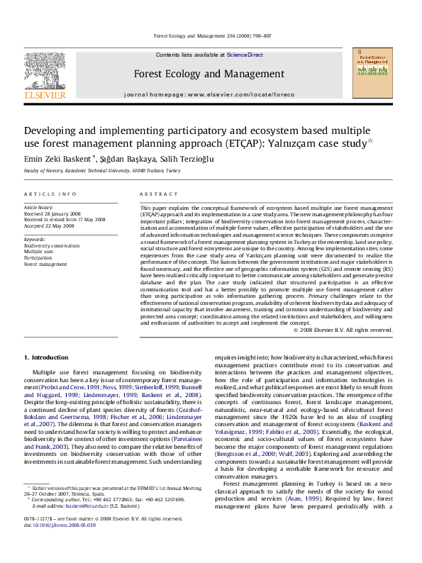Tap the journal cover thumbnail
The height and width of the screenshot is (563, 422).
click(x=375, y=73)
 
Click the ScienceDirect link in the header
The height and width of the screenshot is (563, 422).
click(x=245, y=55)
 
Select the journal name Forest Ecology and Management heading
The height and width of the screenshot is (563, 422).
click(x=209, y=74)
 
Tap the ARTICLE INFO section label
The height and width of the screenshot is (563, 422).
click(x=50, y=194)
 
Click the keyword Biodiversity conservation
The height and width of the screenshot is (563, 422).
click(x=52, y=245)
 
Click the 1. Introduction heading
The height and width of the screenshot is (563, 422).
click(x=46, y=357)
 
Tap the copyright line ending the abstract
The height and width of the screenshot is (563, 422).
click(x=343, y=330)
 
